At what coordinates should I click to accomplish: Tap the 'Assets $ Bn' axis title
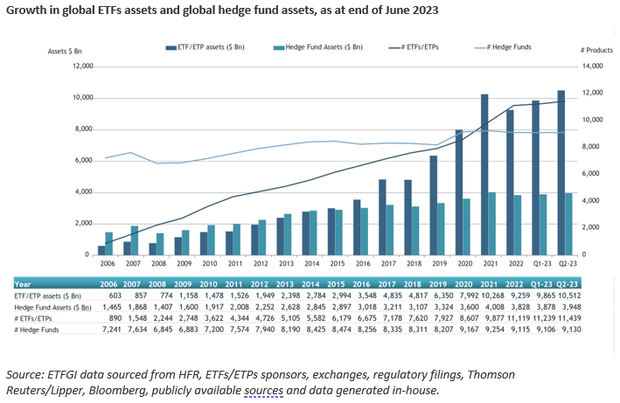tap(66, 52)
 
